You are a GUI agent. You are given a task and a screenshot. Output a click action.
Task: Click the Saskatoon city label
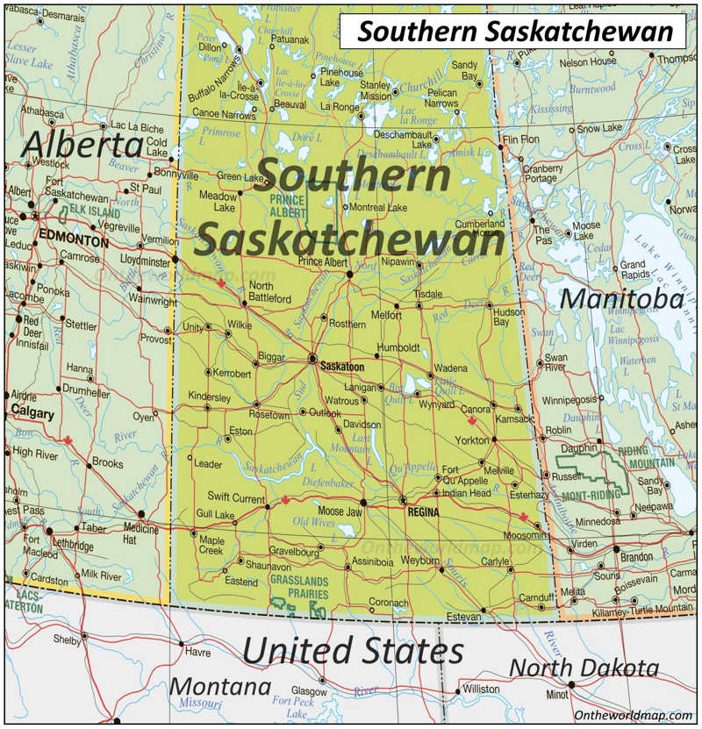point(343,366)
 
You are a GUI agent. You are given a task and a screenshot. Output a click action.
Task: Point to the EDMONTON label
point(73,239)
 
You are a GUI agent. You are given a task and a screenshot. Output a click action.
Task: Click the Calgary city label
point(33,414)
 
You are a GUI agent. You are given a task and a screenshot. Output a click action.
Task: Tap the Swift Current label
point(236,498)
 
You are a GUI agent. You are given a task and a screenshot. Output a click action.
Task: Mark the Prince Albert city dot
point(349,274)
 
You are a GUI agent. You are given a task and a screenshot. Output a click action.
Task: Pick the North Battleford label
point(269,292)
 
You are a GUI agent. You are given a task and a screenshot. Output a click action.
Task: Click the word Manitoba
point(621,299)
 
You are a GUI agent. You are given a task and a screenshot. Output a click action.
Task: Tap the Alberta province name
point(82,146)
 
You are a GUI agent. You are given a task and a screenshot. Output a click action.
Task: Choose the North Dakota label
point(584,668)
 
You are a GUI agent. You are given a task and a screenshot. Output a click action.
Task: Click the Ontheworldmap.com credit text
point(634,716)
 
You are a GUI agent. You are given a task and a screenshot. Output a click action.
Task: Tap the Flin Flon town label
point(520,139)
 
